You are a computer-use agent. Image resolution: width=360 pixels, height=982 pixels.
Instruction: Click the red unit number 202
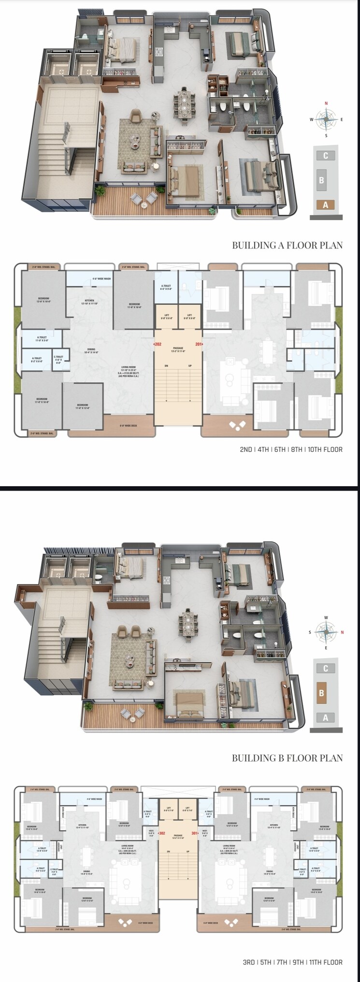[158, 344]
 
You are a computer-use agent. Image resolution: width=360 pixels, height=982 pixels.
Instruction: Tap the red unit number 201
[199, 344]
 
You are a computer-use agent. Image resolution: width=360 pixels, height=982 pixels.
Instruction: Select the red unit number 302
[162, 833]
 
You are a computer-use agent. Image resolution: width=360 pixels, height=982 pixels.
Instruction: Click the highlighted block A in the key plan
[325, 204]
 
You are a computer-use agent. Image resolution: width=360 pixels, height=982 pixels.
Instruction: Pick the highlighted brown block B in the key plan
[321, 693]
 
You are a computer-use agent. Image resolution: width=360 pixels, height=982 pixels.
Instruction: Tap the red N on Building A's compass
[326, 103]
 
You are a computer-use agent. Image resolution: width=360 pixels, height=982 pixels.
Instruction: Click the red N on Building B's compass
[342, 632]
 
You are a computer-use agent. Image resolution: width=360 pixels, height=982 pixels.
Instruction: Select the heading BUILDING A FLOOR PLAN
[287, 245]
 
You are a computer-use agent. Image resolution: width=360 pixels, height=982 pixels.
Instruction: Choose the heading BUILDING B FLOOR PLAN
[287, 758]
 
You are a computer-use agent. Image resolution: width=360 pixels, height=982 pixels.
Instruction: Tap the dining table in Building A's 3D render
[185, 103]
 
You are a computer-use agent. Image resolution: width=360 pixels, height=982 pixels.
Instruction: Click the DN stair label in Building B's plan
[169, 851]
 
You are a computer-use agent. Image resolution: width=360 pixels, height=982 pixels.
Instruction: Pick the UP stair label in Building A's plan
[190, 366]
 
